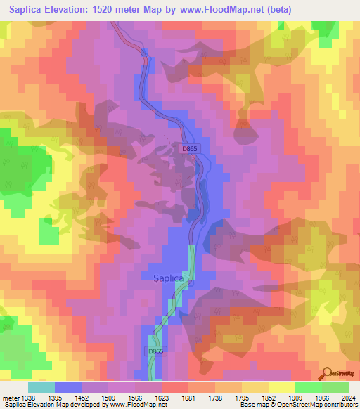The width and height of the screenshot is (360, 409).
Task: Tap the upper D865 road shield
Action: click(x=191, y=149)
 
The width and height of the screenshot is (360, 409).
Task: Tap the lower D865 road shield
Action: click(x=156, y=351)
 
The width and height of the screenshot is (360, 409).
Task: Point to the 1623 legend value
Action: click(x=160, y=398)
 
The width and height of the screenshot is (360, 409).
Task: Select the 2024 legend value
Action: click(x=347, y=398)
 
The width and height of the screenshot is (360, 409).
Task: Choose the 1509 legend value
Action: click(x=107, y=398)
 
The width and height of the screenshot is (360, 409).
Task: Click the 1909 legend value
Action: click(x=294, y=398)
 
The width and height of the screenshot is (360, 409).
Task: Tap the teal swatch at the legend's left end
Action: click(x=41, y=387)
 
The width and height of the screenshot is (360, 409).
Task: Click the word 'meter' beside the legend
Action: click(x=11, y=398)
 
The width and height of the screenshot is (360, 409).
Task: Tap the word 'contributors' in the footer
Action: click(x=338, y=405)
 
